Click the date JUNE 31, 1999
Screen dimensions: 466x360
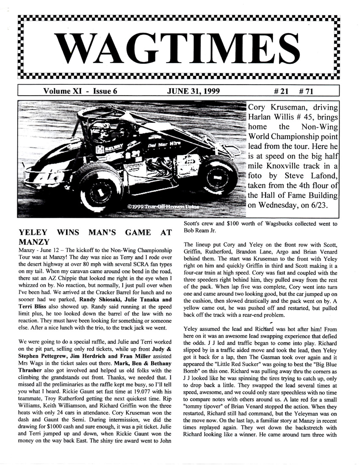[193, 91]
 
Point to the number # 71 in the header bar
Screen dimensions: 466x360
[306, 91]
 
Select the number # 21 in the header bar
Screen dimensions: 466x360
[282, 91]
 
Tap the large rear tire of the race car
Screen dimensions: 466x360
[219, 175]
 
